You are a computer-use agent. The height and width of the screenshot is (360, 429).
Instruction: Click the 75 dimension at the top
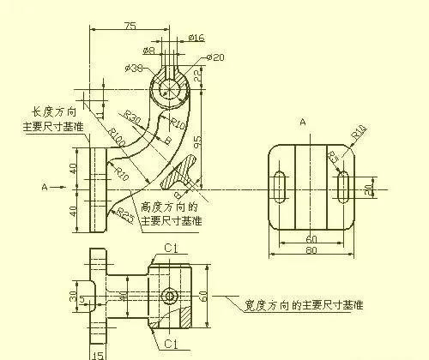(x=130, y=26)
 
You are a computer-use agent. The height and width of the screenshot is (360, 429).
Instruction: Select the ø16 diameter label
(x=196, y=38)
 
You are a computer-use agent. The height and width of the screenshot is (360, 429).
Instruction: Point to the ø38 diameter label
(x=133, y=68)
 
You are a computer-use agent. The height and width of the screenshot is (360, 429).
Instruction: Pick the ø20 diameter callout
(x=215, y=57)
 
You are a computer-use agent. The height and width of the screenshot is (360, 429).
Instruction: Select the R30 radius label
(x=133, y=115)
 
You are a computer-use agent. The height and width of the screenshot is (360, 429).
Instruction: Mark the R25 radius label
(x=125, y=213)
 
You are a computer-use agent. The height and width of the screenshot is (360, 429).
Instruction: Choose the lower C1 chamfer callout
(x=170, y=345)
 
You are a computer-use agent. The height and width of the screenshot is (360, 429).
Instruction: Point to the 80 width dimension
(x=311, y=251)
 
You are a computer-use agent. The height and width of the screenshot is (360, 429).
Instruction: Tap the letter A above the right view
(x=303, y=123)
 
